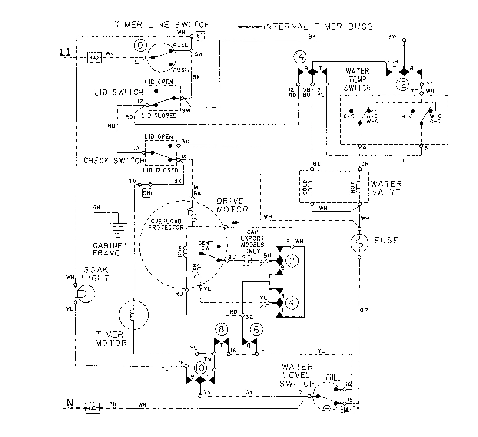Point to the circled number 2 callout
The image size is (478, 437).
point(293,261)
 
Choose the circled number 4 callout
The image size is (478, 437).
point(293,303)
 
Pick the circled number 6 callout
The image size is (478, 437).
point(257,330)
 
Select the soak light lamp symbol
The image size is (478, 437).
point(82,294)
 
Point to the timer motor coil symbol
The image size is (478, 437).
point(132,315)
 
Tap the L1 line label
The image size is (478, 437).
point(65,53)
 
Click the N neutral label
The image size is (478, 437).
point(69,402)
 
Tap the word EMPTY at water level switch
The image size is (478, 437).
point(351,409)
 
